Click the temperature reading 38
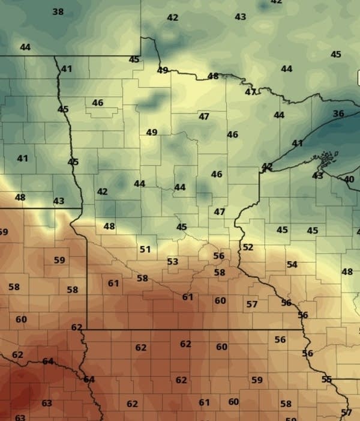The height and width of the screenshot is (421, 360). click(x=58, y=11)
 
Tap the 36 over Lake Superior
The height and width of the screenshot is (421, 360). click(x=338, y=114)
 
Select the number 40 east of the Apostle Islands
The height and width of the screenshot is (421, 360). click(x=349, y=179)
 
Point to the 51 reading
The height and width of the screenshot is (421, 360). click(x=145, y=249)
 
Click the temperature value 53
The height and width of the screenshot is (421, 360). click(x=173, y=261)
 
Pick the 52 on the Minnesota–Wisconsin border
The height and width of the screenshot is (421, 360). click(x=248, y=247)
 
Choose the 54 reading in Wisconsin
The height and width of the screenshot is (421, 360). click(x=292, y=264)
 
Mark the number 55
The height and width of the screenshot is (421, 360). click(x=326, y=379)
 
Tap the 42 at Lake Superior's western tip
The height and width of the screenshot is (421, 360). click(x=267, y=166)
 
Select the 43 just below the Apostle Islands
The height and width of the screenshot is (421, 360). click(x=318, y=175)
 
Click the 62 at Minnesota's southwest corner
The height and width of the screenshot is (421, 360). click(x=77, y=327)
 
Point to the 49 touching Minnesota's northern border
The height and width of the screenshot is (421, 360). click(x=163, y=70)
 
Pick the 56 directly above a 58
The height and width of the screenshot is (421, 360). click(x=219, y=256)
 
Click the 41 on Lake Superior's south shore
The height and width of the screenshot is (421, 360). click(x=298, y=143)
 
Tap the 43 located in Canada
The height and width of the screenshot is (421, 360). click(x=240, y=17)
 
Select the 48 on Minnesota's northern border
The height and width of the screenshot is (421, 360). click(x=213, y=76)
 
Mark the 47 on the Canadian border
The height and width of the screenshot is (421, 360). click(x=250, y=92)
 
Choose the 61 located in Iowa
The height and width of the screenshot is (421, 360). click(x=205, y=402)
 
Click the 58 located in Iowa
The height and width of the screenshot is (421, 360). click(x=286, y=404)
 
